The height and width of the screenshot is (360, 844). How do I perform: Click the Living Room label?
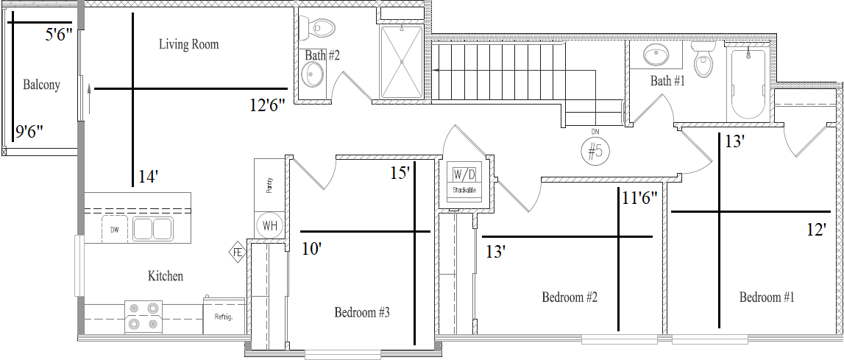189,44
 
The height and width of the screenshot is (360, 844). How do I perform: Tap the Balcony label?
41,85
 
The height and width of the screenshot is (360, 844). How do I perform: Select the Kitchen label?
166,277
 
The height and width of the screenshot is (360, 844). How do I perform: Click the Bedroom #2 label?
570,297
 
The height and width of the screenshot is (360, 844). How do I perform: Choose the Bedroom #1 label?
767,297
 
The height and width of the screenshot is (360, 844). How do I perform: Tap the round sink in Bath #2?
312,75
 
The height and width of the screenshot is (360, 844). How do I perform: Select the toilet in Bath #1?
703,60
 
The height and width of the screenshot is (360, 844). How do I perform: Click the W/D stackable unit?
464,182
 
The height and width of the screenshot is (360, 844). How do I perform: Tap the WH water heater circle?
269,226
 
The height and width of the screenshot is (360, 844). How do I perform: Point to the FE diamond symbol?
237,252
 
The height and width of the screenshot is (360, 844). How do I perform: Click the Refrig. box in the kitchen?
224,315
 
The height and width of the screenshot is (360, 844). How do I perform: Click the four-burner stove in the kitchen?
143,317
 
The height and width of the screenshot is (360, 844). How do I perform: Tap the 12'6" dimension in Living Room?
268,105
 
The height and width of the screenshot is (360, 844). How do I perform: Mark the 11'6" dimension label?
640,198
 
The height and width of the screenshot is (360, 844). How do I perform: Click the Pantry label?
269,185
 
